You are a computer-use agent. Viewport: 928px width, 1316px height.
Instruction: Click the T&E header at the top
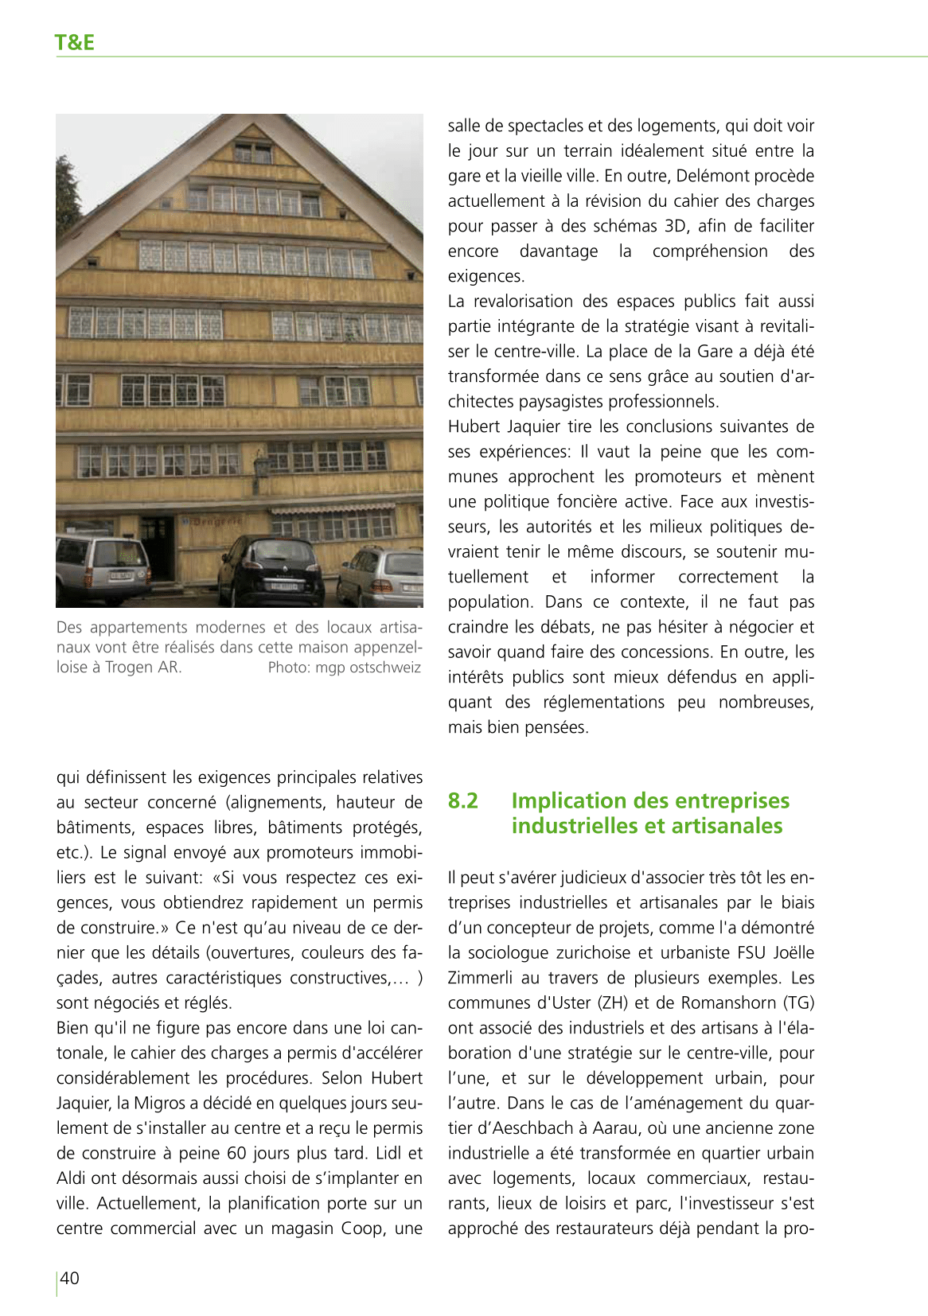(x=75, y=43)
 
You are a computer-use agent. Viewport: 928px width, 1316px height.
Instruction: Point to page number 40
(x=70, y=1278)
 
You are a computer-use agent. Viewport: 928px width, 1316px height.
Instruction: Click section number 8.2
(x=462, y=800)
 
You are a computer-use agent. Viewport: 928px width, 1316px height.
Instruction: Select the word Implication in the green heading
(x=568, y=800)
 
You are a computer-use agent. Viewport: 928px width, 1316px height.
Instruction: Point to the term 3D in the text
(x=675, y=226)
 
